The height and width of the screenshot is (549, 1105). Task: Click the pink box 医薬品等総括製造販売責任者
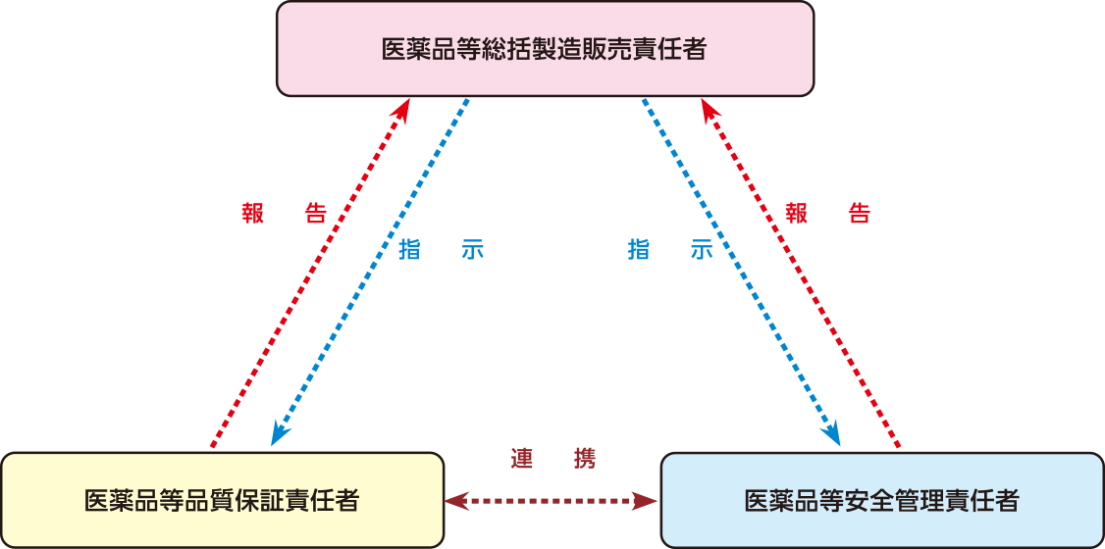[545, 48]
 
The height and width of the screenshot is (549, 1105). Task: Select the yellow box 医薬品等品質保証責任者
[222, 500]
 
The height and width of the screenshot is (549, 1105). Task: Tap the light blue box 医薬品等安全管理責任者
[881, 500]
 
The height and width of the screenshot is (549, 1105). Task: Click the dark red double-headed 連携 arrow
[551, 502]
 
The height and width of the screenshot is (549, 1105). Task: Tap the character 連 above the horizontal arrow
[522, 459]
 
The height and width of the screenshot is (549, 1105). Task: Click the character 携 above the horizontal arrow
[583, 459]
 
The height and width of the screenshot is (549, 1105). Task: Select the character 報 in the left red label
[253, 215]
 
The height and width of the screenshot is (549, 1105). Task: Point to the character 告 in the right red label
[859, 215]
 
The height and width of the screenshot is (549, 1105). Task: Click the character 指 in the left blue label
[410, 249]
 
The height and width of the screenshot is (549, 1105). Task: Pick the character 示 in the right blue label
[701, 249]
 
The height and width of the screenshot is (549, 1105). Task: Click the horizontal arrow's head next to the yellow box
[454, 502]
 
